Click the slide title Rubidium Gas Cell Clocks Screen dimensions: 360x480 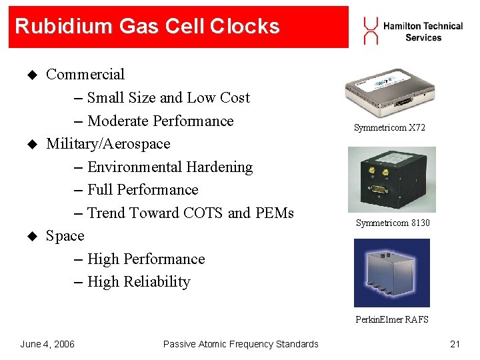(x=147, y=27)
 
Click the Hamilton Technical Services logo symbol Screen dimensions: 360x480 (x=371, y=31)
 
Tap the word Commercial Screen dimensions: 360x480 (x=85, y=74)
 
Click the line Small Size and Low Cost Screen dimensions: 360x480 (x=168, y=97)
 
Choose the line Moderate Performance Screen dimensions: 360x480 (x=160, y=121)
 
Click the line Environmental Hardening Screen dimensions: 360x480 (x=170, y=167)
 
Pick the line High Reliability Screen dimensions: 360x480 (x=139, y=282)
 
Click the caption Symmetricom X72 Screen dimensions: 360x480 (x=390, y=127)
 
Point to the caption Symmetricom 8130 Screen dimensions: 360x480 (x=393, y=223)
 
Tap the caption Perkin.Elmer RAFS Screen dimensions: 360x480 (x=392, y=319)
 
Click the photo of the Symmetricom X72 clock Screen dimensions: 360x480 (x=390, y=91)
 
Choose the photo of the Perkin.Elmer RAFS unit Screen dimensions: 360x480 (x=392, y=272)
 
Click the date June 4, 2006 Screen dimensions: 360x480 (x=47, y=344)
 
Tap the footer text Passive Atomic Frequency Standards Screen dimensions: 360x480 (x=241, y=344)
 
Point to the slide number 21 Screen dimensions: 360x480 (x=455, y=344)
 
